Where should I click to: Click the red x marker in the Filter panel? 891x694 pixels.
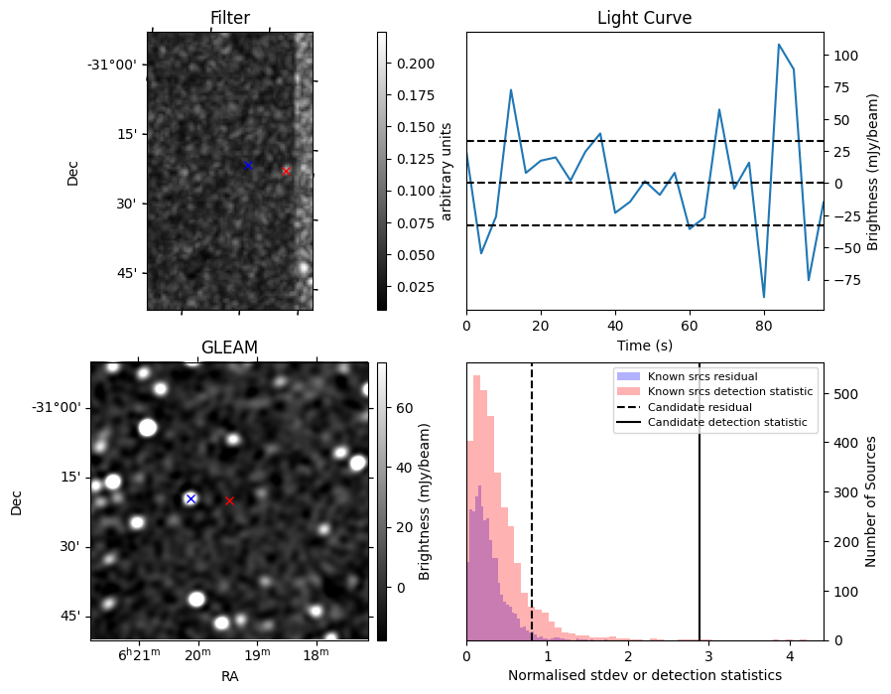[286, 171]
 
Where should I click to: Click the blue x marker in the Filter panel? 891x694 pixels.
[248, 165]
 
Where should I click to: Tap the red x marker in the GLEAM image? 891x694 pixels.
[229, 500]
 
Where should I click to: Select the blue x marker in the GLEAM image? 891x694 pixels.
[191, 498]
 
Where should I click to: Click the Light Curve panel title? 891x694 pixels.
[644, 18]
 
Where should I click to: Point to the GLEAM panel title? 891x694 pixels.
[229, 347]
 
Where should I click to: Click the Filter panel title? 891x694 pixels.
[230, 18]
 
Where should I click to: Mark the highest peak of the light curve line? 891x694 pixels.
[779, 45]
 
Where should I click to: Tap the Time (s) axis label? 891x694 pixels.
[644, 345]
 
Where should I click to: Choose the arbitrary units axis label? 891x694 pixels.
[446, 171]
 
